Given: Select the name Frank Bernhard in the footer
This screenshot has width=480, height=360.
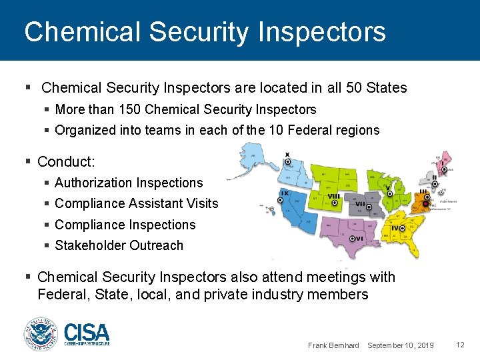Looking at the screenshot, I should tap(333, 345).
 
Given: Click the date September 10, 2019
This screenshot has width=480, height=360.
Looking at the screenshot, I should tap(401, 345).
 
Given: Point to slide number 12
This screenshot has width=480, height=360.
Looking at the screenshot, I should tap(460, 344).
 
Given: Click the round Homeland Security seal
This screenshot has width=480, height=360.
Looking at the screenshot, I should tap(41, 334).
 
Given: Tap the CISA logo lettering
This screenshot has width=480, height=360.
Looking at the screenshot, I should tap(87, 331).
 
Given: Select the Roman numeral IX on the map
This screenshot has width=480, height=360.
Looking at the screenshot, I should tap(285, 193).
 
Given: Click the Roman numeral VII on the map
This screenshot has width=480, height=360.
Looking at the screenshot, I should tap(361, 204).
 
